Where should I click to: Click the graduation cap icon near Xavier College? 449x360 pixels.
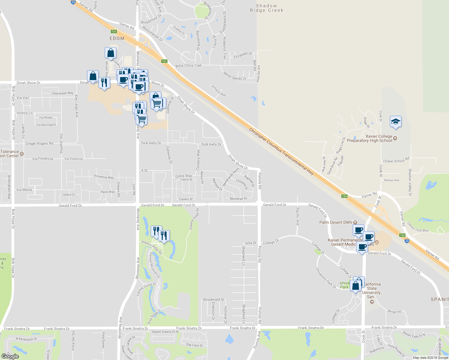396,122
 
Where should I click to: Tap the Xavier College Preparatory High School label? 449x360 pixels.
369,138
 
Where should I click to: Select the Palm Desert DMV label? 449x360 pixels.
336,222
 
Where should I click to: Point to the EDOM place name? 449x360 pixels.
117,38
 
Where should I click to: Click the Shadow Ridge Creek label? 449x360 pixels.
267,8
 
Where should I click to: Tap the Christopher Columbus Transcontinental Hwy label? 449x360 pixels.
281,153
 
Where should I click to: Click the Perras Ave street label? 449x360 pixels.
392,180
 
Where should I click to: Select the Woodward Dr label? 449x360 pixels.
213,299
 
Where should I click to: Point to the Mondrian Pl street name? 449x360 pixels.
238,199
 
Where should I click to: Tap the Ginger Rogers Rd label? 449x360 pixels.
39,143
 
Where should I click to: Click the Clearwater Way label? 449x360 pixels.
62,93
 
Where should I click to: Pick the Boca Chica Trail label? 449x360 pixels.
188,65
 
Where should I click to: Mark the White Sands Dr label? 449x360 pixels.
234,76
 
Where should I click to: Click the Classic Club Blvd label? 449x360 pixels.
417,227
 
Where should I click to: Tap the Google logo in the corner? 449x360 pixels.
10,356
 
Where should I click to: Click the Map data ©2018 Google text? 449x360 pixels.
430,358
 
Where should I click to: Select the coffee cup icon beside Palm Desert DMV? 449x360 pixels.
358,230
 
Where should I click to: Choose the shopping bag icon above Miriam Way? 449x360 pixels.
110,53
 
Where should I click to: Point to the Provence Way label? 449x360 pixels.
104,177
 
